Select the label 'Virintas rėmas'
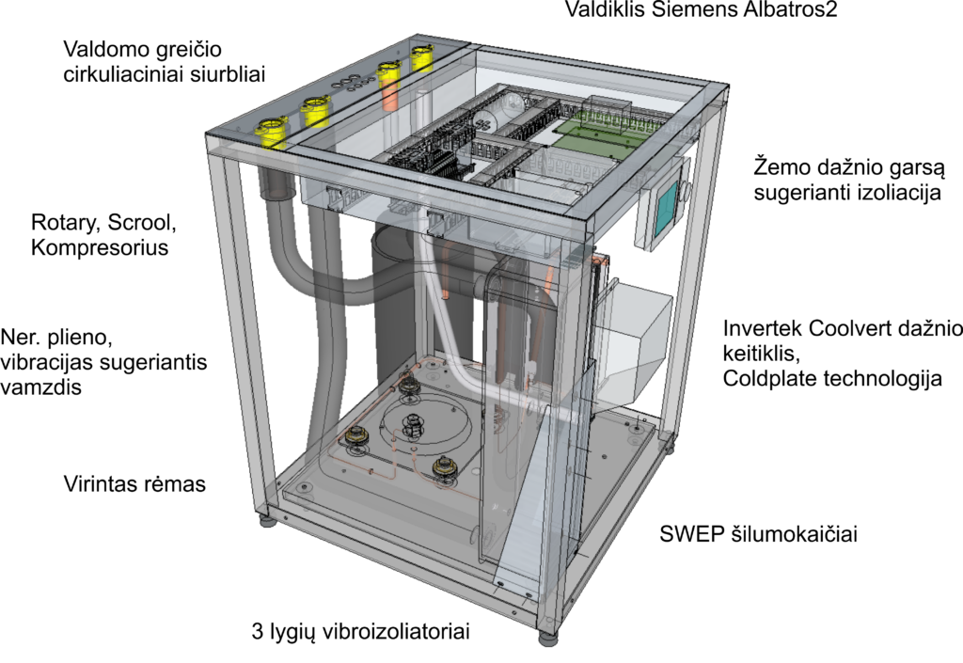click(134, 483)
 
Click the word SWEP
click(692, 534)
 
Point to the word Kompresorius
click(100, 248)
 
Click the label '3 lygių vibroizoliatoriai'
click(360, 632)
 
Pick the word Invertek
click(763, 328)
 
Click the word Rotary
click(66, 223)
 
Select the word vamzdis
click(40, 387)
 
